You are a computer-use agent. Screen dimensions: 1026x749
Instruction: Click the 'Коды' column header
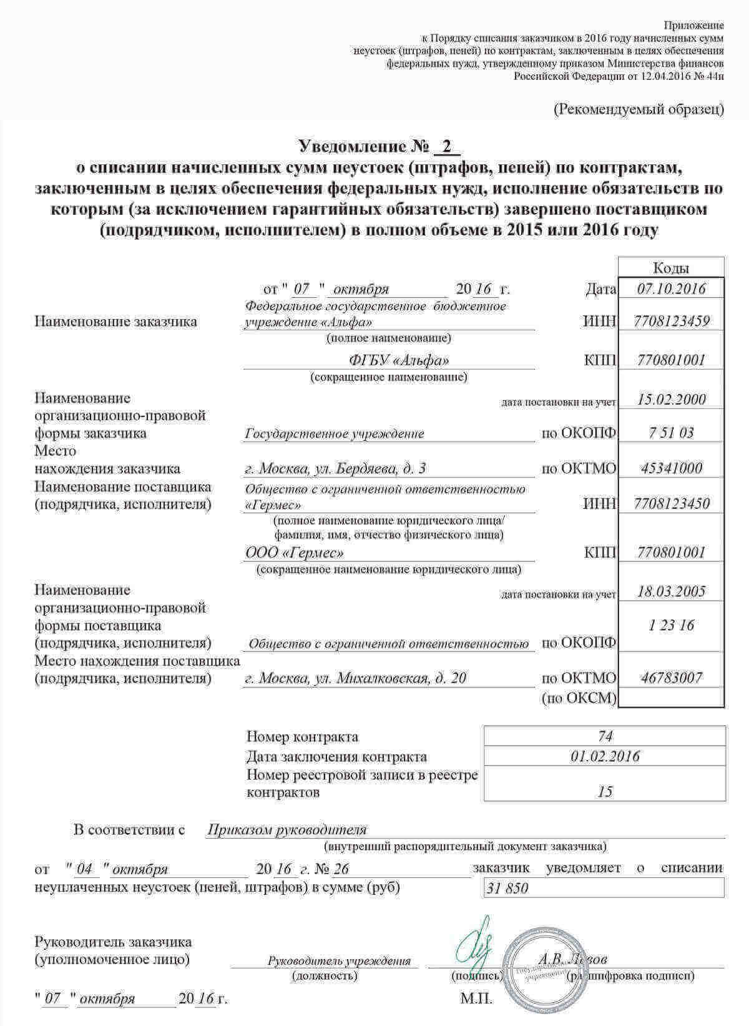tap(671, 269)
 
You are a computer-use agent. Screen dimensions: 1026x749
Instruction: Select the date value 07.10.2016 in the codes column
tap(671, 289)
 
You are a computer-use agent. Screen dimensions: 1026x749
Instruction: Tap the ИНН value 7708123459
tap(671, 322)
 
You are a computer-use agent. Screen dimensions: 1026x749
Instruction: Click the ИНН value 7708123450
tap(671, 503)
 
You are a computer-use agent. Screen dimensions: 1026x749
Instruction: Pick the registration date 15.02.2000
tap(672, 400)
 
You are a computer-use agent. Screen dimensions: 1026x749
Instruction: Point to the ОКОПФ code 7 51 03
tap(671, 433)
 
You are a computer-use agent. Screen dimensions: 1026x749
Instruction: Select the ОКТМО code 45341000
tap(671, 468)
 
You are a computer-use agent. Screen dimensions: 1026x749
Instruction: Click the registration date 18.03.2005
tap(672, 592)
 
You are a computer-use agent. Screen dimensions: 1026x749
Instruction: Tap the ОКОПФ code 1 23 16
tap(671, 625)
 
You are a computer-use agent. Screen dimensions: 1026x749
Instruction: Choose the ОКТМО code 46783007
tap(671, 678)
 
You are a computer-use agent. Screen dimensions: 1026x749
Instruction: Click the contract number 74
tap(605, 736)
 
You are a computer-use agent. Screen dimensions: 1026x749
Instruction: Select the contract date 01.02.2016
tap(605, 756)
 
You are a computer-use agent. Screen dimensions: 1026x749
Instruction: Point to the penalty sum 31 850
tap(507, 887)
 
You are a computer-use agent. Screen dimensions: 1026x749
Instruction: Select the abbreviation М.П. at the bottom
tap(476, 999)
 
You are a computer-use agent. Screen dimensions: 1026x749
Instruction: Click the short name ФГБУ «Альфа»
tap(399, 360)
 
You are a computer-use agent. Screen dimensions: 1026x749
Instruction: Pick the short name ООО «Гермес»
tap(294, 553)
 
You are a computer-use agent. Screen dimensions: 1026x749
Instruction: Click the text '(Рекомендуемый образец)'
tap(639, 109)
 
